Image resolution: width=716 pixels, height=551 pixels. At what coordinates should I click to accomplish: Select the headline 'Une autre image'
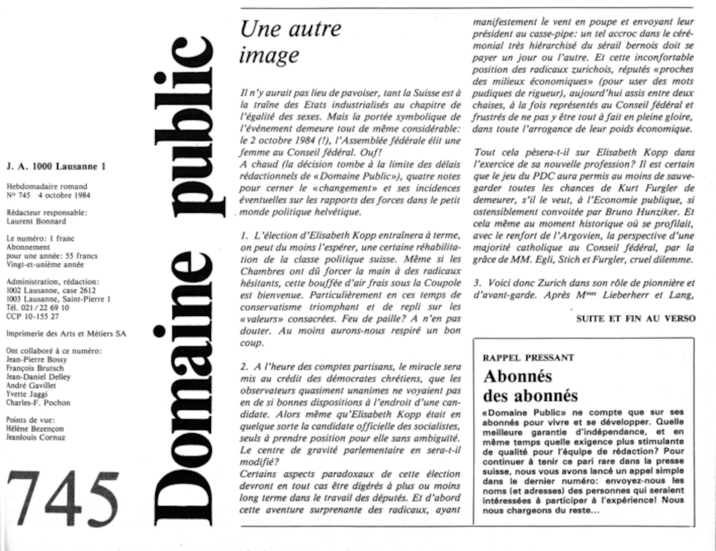pyautogui.click(x=290, y=41)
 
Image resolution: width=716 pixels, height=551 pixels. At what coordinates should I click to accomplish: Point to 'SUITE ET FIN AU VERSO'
pyautogui.click(x=636, y=318)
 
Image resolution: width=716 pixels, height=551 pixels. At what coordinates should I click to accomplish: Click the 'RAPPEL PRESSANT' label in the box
pyautogui.click(x=528, y=357)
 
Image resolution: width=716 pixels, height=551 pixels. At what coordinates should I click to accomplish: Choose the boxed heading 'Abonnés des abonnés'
pyautogui.click(x=530, y=386)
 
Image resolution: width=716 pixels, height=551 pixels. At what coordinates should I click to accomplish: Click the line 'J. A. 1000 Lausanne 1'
pyautogui.click(x=56, y=166)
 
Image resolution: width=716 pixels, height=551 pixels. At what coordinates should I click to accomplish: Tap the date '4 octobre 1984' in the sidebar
pyautogui.click(x=64, y=195)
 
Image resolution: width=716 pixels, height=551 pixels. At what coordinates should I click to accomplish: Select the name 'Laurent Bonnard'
pyautogui.click(x=36, y=221)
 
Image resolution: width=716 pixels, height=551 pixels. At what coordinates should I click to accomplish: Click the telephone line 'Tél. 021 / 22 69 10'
pyautogui.click(x=38, y=308)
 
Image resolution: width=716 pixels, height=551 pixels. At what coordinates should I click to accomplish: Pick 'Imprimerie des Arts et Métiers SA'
pyautogui.click(x=66, y=334)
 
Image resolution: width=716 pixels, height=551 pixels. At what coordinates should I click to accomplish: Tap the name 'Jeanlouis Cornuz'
pyautogui.click(x=35, y=437)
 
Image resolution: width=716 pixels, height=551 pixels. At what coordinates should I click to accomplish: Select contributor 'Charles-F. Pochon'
pyautogui.click(x=38, y=403)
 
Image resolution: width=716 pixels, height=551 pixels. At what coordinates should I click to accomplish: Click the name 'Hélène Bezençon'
pyautogui.click(x=35, y=429)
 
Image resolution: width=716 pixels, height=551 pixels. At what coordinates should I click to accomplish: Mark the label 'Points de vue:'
pyautogui.click(x=30, y=420)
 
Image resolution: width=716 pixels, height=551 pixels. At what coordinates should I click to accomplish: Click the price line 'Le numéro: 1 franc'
pyautogui.click(x=40, y=238)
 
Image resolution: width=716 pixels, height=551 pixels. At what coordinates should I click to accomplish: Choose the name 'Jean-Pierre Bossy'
pyautogui.click(x=37, y=359)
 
